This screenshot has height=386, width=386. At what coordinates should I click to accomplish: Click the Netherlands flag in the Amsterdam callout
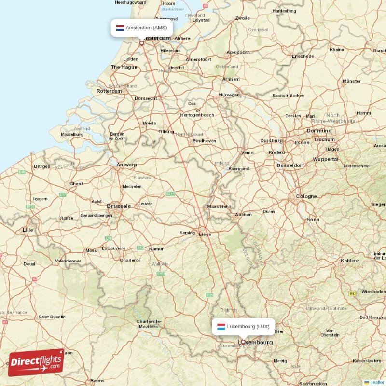pos(120,28)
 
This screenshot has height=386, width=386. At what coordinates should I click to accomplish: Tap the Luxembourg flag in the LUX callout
pos(221,326)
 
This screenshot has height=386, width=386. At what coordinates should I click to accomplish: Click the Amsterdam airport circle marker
pos(142,43)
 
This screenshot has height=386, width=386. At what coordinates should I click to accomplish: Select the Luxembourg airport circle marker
pos(243,342)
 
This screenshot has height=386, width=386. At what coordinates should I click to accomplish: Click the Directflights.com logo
pos(36,362)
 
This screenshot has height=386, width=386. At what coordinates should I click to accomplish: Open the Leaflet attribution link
pos(377,382)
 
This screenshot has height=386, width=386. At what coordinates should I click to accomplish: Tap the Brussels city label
pos(119,206)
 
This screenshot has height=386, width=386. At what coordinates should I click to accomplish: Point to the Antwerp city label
pos(127,165)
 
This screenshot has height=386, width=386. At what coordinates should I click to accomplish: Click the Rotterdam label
pos(109,91)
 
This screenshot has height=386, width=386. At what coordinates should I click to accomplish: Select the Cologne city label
pos(306,196)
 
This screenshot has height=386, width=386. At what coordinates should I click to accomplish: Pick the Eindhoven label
pos(204,141)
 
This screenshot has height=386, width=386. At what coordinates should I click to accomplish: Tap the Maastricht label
pos(219,206)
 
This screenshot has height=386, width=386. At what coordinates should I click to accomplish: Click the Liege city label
pos(205,234)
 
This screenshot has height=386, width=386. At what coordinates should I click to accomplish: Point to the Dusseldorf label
pos(290,165)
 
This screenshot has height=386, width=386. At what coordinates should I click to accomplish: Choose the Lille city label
pos(28,230)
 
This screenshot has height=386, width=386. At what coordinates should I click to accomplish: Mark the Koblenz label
pos(350,261)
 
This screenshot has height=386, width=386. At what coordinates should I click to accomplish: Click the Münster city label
pos(351,81)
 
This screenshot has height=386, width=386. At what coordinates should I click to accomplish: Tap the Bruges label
pos(41,166)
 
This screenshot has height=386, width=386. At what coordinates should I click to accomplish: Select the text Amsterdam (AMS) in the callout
pos(146,28)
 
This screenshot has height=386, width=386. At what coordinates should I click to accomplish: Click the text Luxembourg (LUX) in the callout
pos(248,326)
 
